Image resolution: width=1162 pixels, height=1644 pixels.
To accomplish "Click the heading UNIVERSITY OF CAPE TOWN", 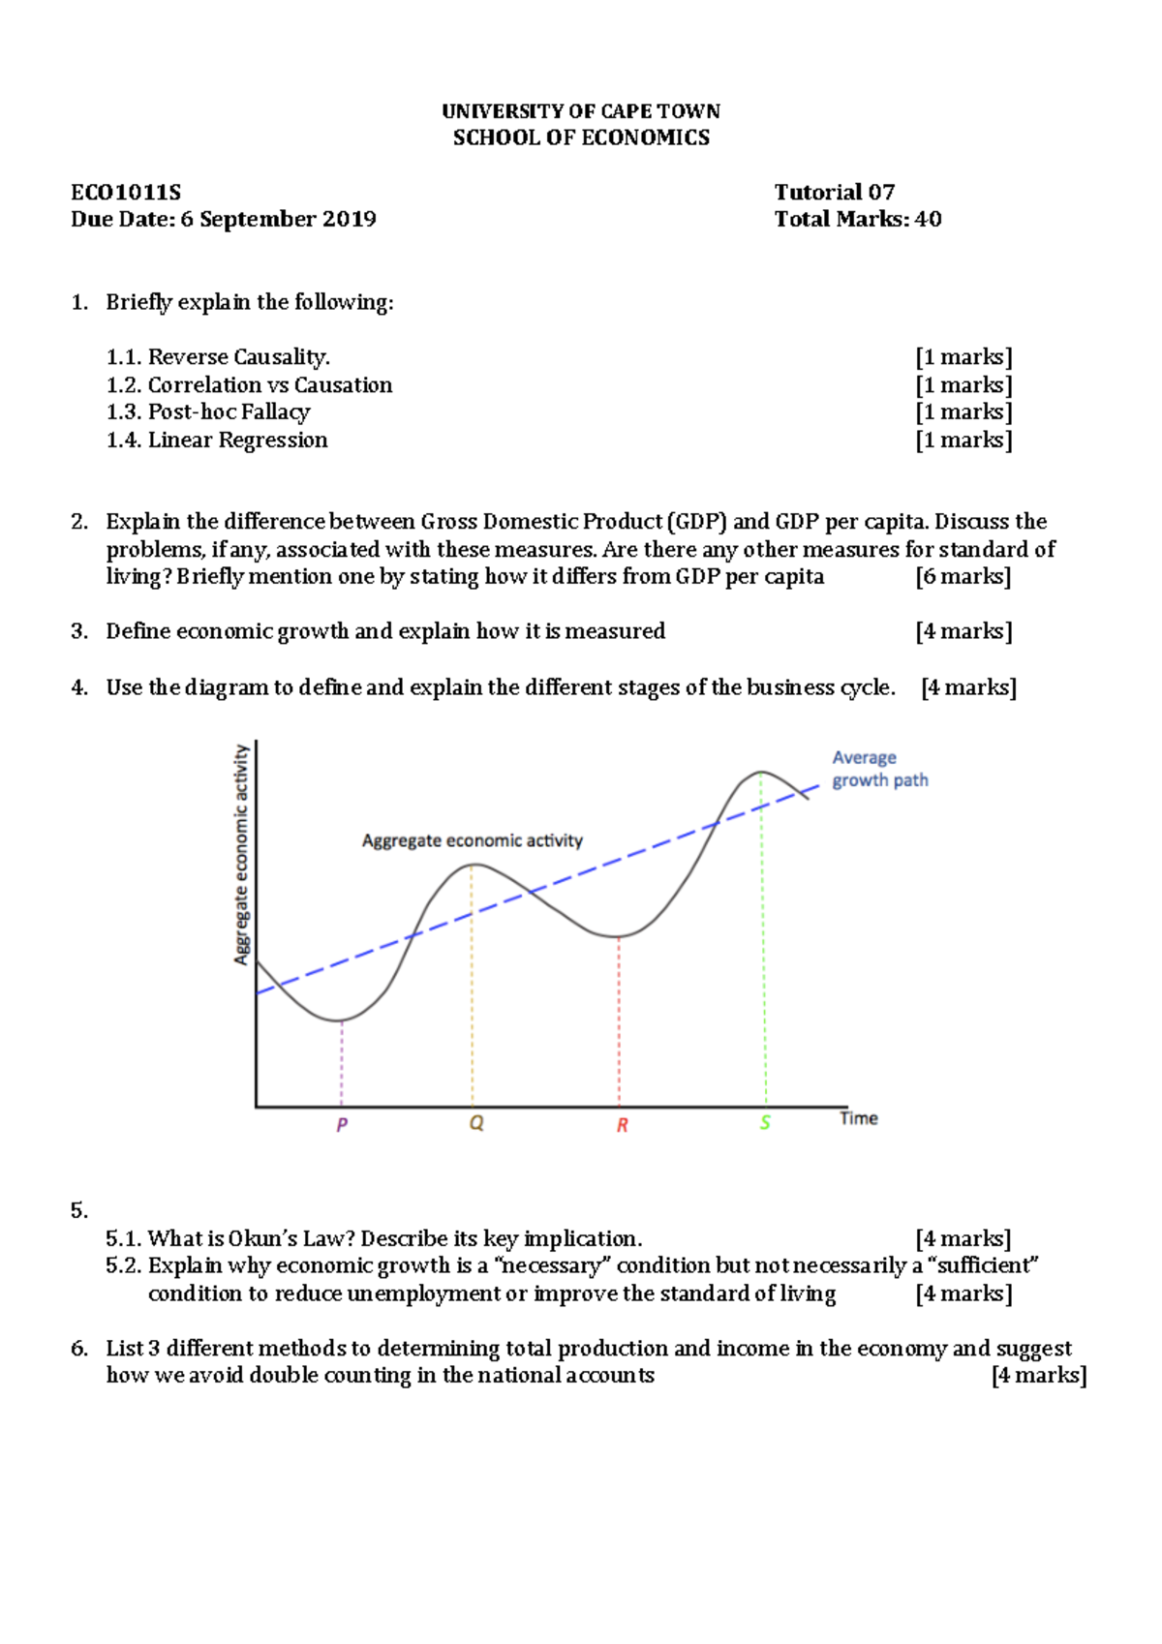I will (x=581, y=111).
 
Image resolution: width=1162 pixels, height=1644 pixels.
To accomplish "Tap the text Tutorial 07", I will (x=834, y=193).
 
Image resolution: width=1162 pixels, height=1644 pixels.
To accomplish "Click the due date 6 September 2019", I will (x=278, y=220).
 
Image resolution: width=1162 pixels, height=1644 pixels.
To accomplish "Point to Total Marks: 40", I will (x=857, y=220).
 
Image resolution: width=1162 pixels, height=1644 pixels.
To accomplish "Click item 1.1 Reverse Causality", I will (x=219, y=357).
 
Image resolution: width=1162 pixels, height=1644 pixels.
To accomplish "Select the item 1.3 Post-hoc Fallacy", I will (x=208, y=412).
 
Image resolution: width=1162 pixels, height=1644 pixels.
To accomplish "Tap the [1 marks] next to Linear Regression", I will (x=963, y=441).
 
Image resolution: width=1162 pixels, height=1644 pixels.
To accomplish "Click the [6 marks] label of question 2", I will (x=963, y=577).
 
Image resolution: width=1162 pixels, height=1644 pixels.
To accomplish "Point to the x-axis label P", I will (x=342, y=1125).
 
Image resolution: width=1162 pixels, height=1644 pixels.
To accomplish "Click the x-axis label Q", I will (x=476, y=1124).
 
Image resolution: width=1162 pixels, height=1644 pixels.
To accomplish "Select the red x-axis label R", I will (x=622, y=1125).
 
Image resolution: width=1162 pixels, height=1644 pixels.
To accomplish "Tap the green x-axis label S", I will (x=765, y=1123).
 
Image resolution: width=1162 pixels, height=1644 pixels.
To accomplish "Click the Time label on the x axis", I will (x=858, y=1118).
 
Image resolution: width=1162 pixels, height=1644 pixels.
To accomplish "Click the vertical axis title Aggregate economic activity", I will (x=241, y=854).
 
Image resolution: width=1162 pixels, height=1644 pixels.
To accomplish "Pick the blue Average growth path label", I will (x=878, y=769).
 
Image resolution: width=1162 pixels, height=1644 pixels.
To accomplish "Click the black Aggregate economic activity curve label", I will (x=472, y=840).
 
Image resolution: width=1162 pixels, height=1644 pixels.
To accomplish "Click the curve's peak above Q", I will (x=472, y=865).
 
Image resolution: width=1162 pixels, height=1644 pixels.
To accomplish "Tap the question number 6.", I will (x=79, y=1349).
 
